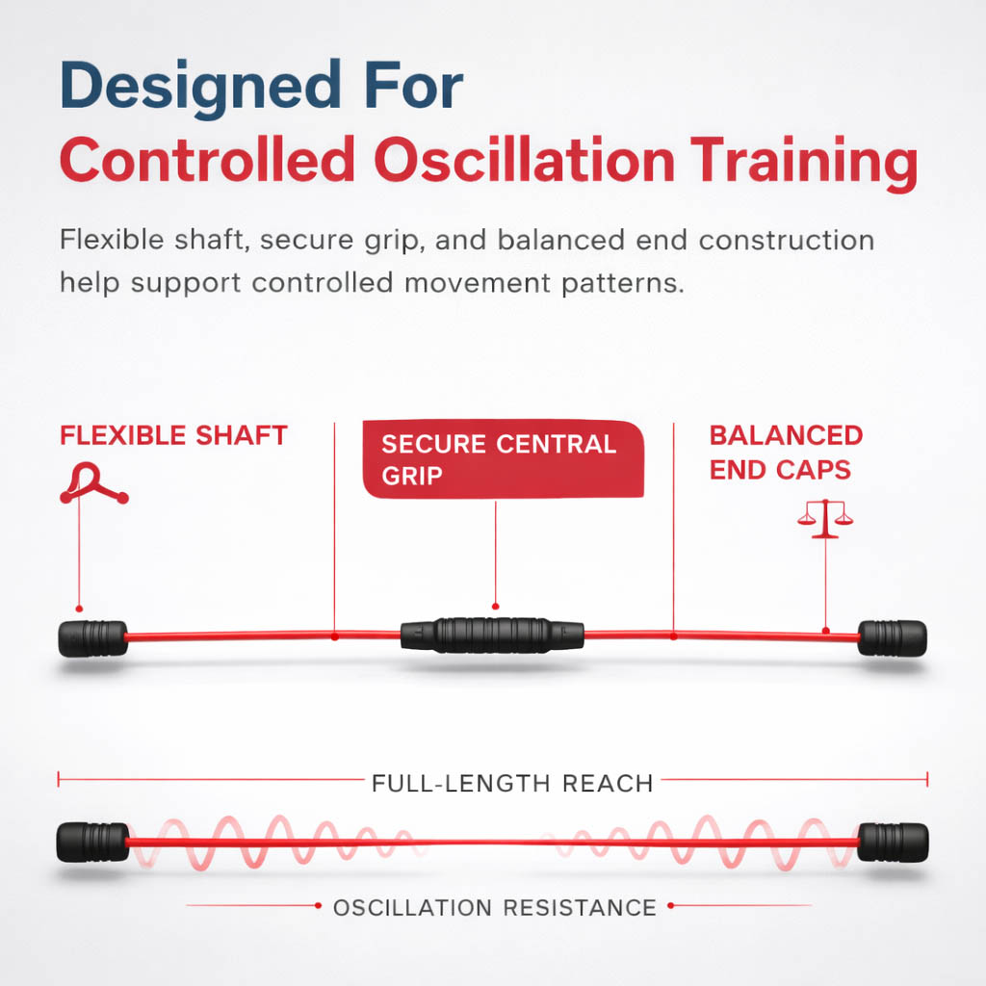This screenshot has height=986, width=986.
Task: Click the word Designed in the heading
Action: (x=200, y=88)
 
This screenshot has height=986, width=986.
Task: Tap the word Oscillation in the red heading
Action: (x=525, y=160)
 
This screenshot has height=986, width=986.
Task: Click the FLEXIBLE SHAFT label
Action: (x=173, y=435)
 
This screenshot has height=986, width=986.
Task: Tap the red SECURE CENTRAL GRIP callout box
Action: (x=503, y=459)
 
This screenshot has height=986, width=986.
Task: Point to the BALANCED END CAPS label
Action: (x=786, y=453)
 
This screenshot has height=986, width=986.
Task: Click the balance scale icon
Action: (x=825, y=519)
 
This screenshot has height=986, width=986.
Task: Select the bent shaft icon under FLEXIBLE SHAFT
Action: (x=93, y=483)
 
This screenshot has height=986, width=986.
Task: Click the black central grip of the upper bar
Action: (x=492, y=636)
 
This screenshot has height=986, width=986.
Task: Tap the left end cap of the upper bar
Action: (x=93, y=639)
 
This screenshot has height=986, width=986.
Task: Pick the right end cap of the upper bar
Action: (x=892, y=638)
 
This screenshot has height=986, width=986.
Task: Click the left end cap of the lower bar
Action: (x=93, y=842)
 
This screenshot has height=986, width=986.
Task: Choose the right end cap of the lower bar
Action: (x=893, y=842)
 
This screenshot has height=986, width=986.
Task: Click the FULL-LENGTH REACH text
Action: (x=512, y=784)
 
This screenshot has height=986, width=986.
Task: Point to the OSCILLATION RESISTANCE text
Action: (x=495, y=908)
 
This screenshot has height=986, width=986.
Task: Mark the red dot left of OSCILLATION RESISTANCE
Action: (x=318, y=905)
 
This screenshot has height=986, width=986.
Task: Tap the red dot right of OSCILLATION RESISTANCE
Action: (x=671, y=905)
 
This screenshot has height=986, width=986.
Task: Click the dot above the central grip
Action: (x=496, y=607)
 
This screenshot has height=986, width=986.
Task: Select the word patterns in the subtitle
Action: (x=623, y=284)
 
